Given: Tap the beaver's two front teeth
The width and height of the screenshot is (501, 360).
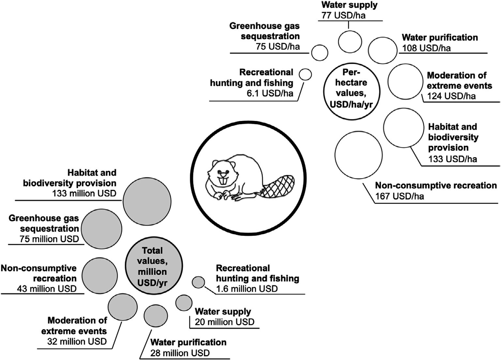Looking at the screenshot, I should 223,181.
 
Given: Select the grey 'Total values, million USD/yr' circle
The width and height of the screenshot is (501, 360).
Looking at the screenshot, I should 153,266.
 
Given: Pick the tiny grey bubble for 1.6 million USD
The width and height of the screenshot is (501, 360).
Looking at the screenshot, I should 198,282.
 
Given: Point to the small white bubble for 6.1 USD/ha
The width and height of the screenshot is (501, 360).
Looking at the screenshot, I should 305,74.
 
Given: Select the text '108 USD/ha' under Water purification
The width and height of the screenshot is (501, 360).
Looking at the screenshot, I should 424,48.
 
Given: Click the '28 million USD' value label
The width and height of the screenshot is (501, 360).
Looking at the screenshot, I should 180,353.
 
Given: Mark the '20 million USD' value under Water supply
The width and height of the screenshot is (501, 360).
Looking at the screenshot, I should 224,322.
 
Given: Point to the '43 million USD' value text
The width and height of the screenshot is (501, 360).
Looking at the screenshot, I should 47,289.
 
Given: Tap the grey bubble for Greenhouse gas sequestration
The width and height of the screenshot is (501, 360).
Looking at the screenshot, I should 101,229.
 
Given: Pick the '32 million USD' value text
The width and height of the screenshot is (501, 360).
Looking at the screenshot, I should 77,341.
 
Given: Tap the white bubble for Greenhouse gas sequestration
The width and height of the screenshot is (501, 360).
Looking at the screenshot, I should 320,52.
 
